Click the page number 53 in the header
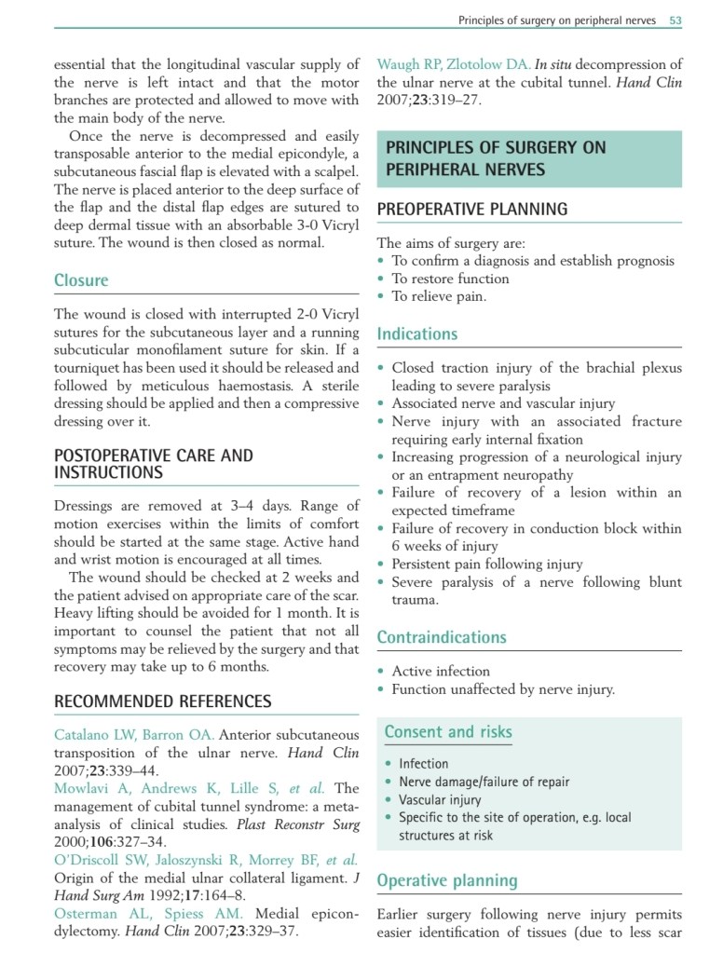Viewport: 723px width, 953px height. pos(675,20)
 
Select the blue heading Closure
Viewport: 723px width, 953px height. pos(81,280)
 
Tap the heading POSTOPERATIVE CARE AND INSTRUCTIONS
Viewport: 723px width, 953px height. pos(153,464)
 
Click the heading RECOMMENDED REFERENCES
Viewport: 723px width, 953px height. pos(163,701)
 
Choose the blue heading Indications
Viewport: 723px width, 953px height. pos(417,334)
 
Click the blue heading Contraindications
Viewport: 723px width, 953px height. pos(442,637)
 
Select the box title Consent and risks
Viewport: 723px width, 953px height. pos(448,732)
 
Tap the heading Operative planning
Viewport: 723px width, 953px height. pos(446,880)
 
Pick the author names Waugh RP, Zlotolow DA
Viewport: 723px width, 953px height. pos(454,65)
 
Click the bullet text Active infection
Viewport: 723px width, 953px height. pos(441,672)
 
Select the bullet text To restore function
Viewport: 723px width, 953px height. pos(450,279)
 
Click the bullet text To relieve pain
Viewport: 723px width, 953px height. pos(439,297)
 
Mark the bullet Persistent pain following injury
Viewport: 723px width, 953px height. pos(487,565)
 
